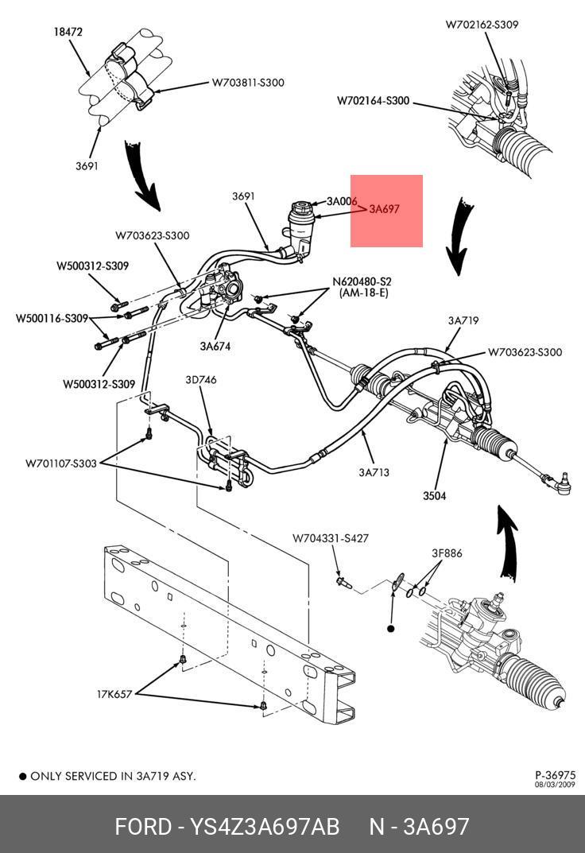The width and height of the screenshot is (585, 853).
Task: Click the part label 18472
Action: coord(68,33)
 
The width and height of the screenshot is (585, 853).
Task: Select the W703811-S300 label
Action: coord(247,83)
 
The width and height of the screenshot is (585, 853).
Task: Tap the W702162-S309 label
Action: coord(482,25)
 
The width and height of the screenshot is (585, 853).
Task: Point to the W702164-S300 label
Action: coord(373,101)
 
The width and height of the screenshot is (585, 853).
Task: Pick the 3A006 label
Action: coord(342,201)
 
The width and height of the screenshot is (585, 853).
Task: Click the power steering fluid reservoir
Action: coord(300,227)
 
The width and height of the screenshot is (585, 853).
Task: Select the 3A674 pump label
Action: coord(216,346)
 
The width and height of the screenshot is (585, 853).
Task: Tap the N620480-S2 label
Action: coord(362,281)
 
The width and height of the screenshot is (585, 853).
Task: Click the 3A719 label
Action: coord(463,321)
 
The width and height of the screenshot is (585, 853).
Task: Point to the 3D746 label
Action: coord(200,380)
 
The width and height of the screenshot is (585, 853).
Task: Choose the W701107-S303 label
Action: coord(61,463)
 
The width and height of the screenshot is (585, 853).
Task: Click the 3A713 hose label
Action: coord(374,472)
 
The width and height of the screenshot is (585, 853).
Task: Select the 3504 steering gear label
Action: coord(434,496)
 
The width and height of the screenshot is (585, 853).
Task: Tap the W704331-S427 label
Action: coord(330,538)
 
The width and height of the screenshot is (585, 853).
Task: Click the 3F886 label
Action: coord(447,553)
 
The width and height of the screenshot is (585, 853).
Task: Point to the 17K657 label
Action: coord(115,694)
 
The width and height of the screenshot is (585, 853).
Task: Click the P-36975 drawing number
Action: coord(556,775)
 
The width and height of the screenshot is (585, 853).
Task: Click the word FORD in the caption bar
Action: coord(143,827)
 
